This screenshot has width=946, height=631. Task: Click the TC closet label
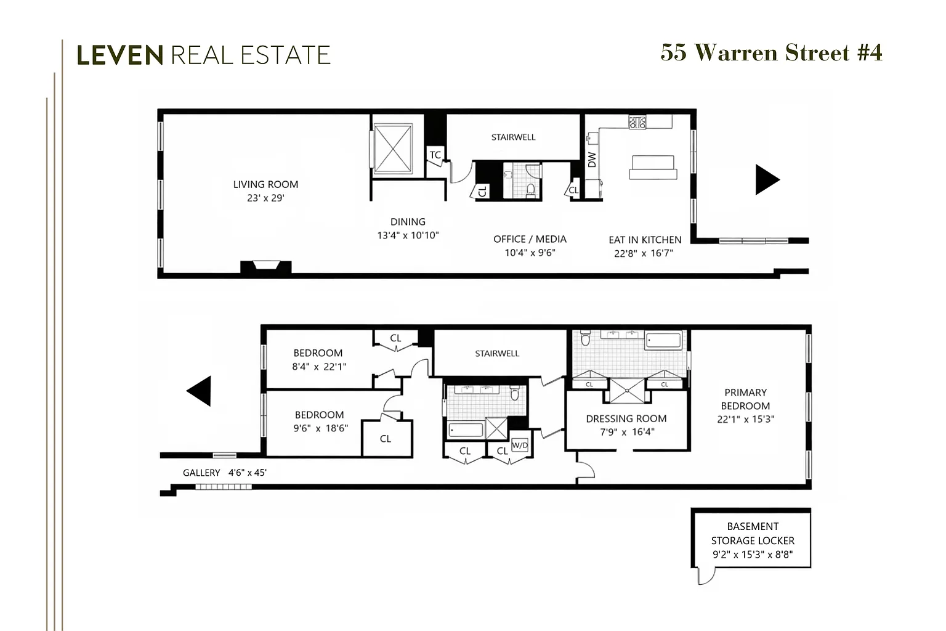click(435, 155)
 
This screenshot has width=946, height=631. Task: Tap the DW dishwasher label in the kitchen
click(592, 160)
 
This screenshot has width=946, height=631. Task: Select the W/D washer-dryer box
click(519, 445)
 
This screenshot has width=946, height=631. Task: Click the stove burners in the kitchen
click(637, 123)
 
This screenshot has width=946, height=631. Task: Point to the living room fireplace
click(265, 267)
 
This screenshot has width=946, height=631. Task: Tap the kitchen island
click(653, 168)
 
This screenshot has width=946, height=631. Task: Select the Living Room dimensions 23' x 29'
click(265, 198)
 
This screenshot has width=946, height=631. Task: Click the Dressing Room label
click(626, 418)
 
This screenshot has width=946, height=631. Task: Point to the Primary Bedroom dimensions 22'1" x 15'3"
click(745, 419)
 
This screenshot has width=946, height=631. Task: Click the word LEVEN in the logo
click(120, 55)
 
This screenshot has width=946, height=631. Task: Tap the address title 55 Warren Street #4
click(772, 53)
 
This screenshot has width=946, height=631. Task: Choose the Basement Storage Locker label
click(753, 534)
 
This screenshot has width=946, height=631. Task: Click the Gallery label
click(201, 473)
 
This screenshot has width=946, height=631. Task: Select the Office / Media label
click(530, 239)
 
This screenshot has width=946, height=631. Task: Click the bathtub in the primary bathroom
click(663, 341)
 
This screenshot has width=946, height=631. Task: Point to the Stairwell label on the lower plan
click(497, 353)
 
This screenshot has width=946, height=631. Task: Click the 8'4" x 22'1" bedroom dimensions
click(319, 367)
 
